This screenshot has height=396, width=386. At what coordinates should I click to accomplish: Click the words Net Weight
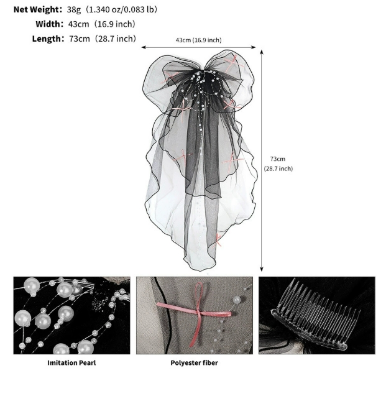[x=36, y=9]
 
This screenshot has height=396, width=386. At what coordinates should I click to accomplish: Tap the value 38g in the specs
[x=74, y=9]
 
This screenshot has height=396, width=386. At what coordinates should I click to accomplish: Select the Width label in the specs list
[x=48, y=24]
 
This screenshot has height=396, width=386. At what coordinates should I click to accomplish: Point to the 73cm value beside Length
[x=80, y=39]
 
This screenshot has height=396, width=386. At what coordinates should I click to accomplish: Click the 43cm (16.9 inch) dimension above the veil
[x=198, y=40]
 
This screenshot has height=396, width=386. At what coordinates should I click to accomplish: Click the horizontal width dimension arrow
[x=198, y=47]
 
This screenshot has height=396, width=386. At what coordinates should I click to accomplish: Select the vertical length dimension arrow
[x=262, y=160]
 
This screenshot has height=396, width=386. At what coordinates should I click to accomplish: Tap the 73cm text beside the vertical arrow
[x=278, y=159]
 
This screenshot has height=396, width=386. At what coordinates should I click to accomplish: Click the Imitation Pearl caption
[x=71, y=363]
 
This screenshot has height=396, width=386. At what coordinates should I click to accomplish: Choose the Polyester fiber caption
[x=194, y=363]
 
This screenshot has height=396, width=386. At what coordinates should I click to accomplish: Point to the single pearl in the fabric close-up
[x=237, y=300]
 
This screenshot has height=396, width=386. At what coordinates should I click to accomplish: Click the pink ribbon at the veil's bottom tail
[x=218, y=240]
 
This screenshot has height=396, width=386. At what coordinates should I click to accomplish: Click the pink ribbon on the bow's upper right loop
[x=234, y=63]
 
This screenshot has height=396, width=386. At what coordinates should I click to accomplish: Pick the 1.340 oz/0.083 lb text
[x=121, y=9]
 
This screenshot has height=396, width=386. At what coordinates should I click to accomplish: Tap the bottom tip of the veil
[x=200, y=271]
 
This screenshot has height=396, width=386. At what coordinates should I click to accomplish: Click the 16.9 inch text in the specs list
[x=114, y=24]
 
